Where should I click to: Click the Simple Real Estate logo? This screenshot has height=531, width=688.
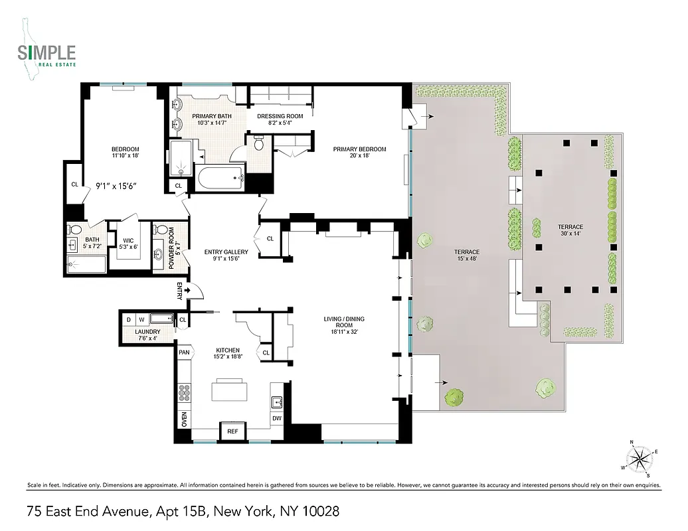[47, 54]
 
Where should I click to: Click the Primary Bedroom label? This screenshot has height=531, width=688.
[359, 153]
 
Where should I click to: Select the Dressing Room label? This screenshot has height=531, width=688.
[280, 119]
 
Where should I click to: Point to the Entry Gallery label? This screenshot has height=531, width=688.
[226, 256]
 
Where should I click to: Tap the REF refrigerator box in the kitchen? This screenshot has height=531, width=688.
[232, 431]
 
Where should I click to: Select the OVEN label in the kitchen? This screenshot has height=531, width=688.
[184, 419]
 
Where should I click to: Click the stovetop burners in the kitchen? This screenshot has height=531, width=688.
[184, 394]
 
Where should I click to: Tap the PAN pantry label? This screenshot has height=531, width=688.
[184, 352]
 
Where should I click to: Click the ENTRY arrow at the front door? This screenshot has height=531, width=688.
[189, 290]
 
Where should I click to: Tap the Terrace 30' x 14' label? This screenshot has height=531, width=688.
[570, 232]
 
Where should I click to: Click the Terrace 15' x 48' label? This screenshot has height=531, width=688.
[466, 256]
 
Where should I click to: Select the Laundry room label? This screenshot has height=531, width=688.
[147, 335]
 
